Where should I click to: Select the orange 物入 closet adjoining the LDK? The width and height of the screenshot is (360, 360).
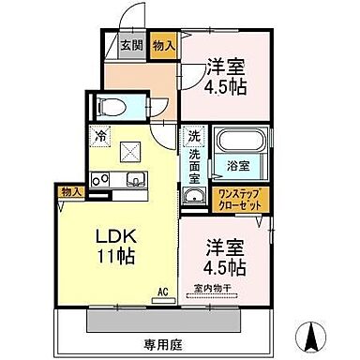click(69, 192)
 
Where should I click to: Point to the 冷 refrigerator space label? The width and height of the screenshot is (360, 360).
click(99, 133)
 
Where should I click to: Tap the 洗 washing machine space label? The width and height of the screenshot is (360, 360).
click(193, 134)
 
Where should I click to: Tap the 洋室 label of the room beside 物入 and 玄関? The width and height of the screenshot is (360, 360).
click(226, 68)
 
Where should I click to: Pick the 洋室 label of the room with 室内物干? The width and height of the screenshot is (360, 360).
click(226, 250)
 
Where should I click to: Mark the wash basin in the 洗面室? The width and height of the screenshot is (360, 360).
click(193, 196)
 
